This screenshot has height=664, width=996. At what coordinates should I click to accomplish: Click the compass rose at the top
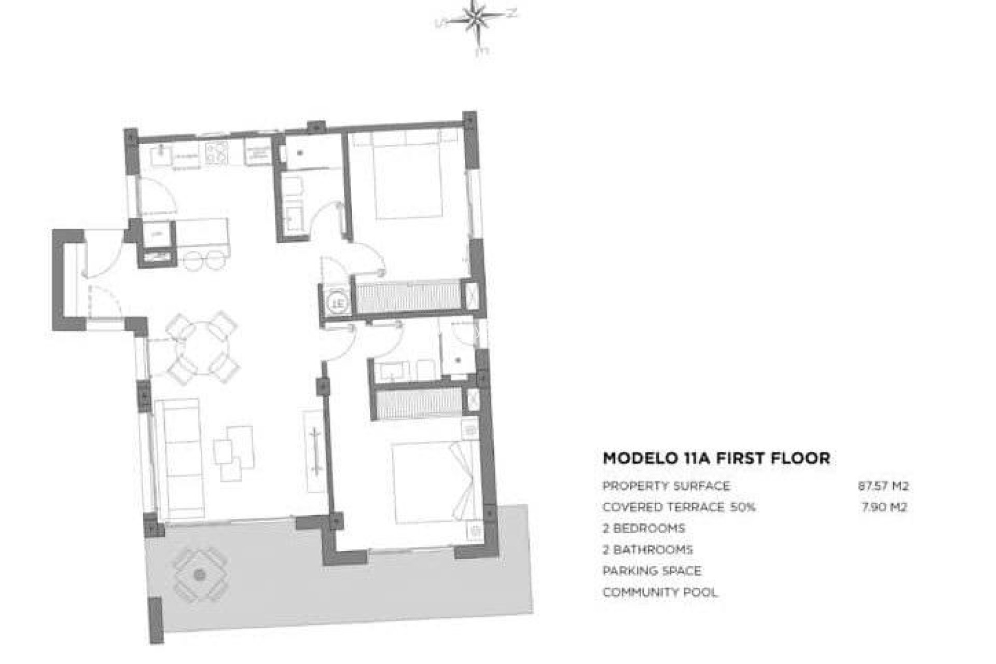click(x=476, y=21)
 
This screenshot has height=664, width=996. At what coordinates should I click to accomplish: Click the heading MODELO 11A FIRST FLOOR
click(x=716, y=459)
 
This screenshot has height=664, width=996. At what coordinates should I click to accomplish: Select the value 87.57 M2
click(x=883, y=487)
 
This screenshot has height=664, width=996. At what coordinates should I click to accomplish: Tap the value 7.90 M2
click(x=884, y=507)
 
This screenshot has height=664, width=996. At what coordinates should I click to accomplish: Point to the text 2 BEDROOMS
click(x=643, y=529)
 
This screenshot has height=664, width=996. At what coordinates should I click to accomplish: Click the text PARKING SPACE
click(x=652, y=571)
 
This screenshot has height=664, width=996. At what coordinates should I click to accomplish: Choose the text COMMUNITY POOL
click(x=660, y=592)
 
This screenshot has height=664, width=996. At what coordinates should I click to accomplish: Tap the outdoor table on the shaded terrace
click(x=199, y=575)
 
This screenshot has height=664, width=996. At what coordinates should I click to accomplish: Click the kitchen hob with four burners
click(x=217, y=153)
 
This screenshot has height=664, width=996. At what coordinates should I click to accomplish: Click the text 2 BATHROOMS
click(x=647, y=550)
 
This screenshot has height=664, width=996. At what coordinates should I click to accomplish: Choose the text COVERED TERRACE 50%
click(x=679, y=507)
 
